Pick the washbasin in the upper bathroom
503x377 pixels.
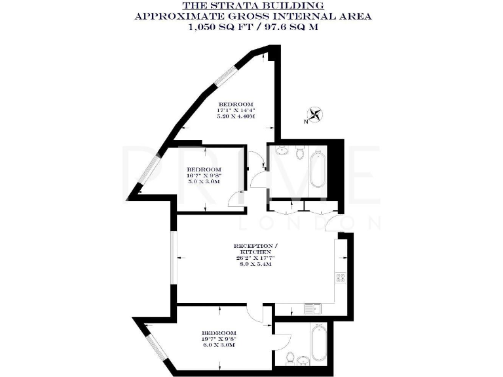pos(283,152)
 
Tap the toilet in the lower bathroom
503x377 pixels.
pos(303,361)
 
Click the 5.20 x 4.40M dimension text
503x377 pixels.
pos(236,116)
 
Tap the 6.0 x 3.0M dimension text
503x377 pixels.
pos(219,345)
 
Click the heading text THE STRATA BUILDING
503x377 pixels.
pos(251,5)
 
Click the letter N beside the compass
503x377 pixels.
pos(306,122)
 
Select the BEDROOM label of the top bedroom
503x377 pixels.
pos(236,104)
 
